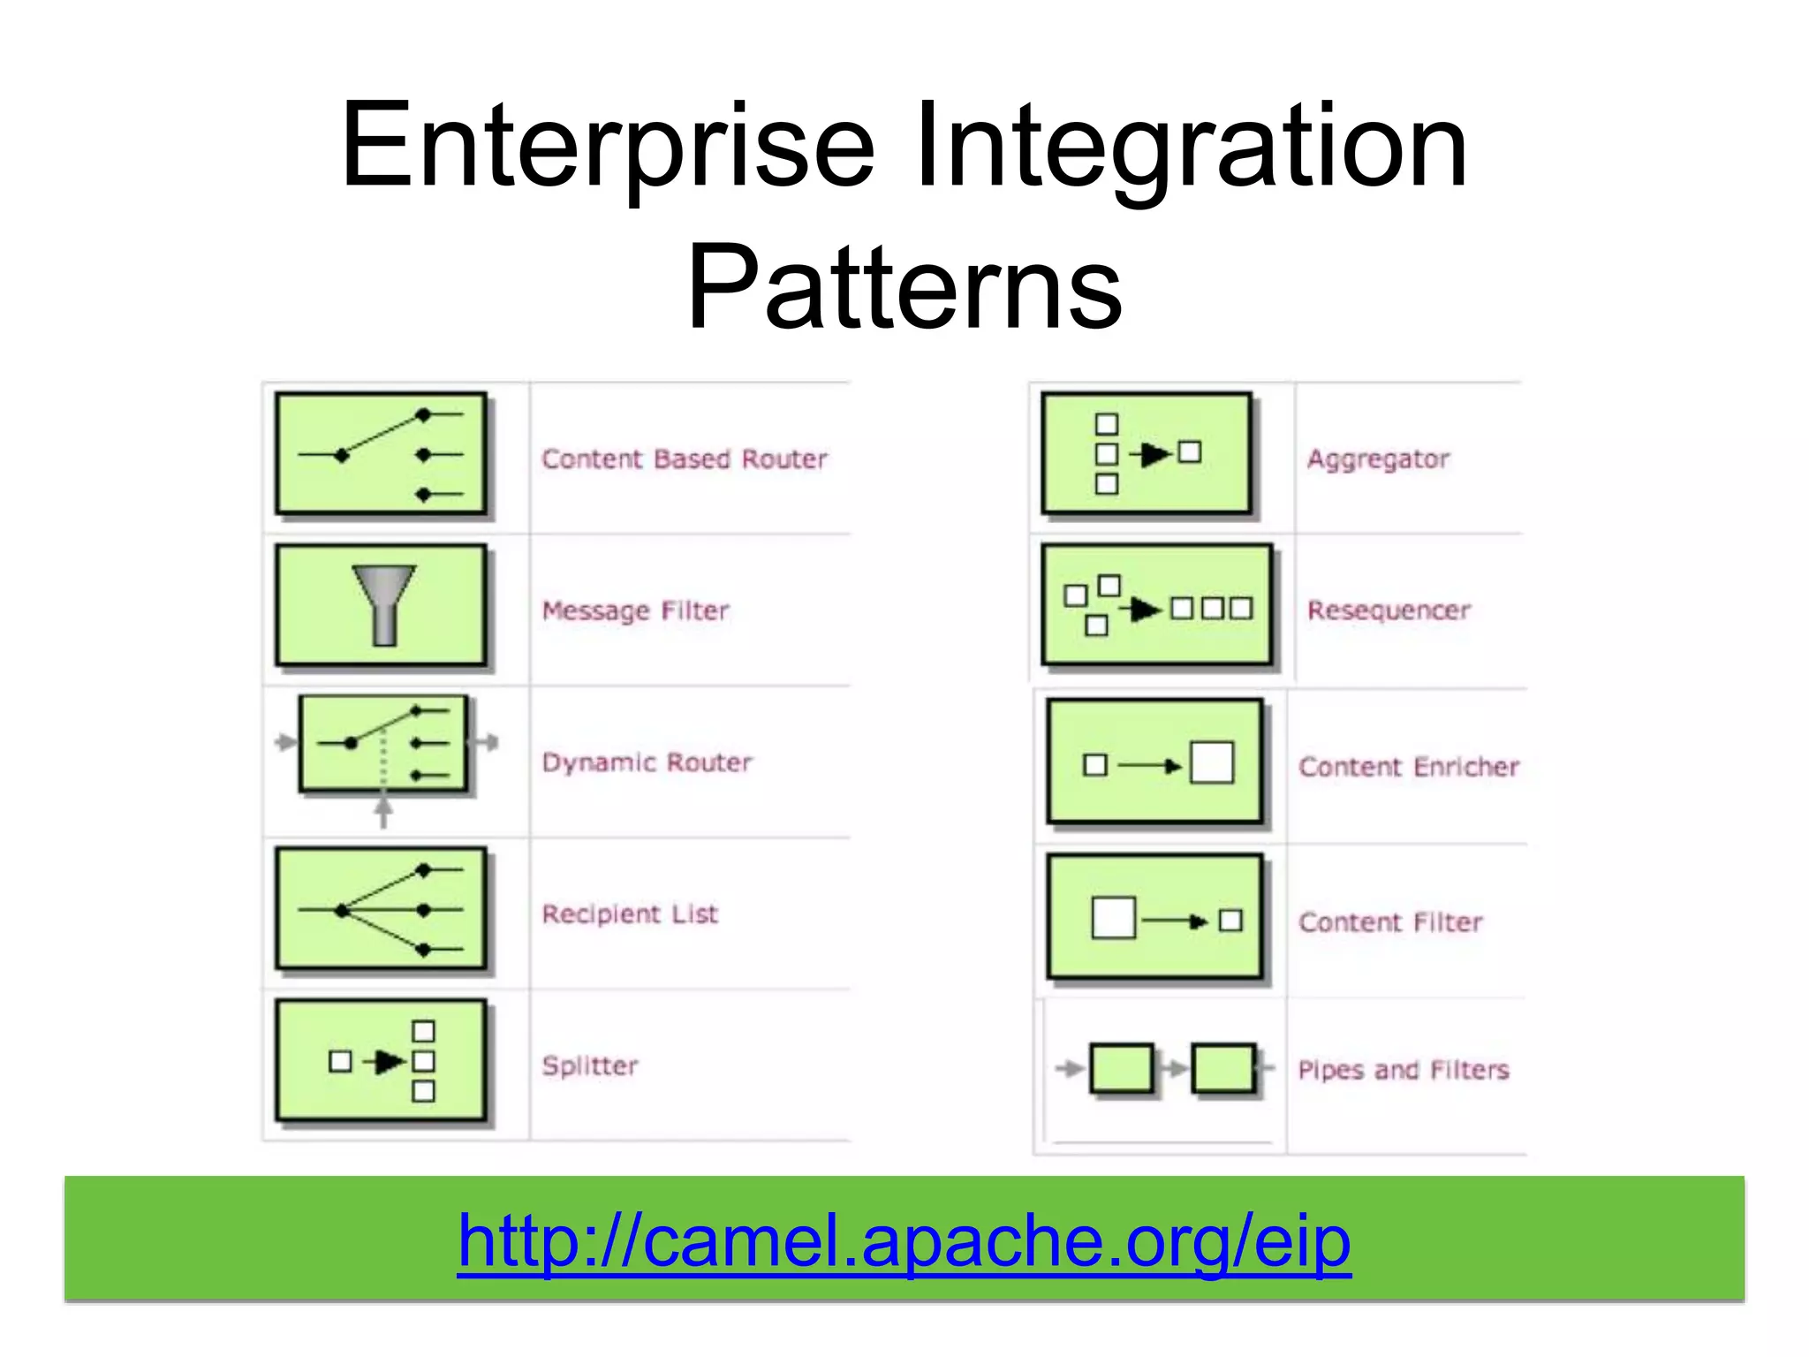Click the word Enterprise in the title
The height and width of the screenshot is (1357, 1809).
tap(608, 146)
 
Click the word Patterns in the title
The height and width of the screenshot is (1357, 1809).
tap(904, 287)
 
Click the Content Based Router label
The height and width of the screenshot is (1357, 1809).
tap(685, 459)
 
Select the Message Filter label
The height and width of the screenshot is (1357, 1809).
tap(636, 610)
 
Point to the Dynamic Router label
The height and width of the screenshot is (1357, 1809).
tap(647, 762)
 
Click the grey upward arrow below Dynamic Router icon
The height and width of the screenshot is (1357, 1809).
tap(383, 810)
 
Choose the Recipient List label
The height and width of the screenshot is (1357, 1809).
tap(630, 914)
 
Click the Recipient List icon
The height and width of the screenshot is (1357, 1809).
tap(381, 909)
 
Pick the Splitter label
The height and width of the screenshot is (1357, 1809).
tap(590, 1065)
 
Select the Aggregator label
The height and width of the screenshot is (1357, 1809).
tap(1378, 459)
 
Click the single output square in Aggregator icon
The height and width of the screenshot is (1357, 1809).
tap(1190, 452)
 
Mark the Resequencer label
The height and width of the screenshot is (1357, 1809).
tap(1389, 610)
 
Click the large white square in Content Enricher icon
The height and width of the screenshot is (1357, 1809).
tap(1212, 763)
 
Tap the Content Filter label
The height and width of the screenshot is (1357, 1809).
tap(1390, 922)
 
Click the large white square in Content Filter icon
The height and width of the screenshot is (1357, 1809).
tap(1113, 918)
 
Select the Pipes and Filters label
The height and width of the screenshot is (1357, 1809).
tap(1403, 1070)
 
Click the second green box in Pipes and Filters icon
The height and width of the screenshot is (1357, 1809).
tap(1223, 1069)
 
